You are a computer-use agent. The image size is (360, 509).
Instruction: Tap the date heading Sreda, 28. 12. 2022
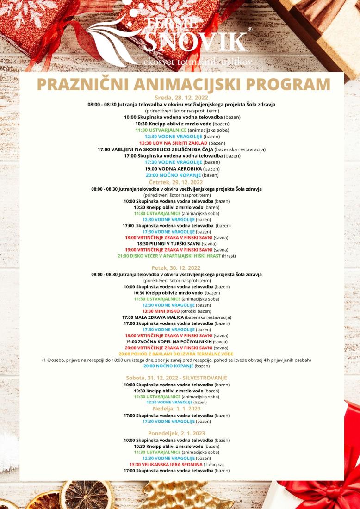click(x=181, y=98)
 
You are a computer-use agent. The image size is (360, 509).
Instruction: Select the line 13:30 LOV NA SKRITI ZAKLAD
click(x=180, y=143)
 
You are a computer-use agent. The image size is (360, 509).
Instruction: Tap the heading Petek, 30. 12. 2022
click(x=176, y=268)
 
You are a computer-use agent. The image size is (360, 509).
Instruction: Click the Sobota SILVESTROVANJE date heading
click(x=176, y=378)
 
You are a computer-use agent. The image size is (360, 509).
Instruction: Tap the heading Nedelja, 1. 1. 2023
click(x=176, y=409)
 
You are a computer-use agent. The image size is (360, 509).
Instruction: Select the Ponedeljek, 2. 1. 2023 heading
click(x=176, y=433)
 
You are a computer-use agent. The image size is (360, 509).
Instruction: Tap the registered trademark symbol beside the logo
click(x=250, y=29)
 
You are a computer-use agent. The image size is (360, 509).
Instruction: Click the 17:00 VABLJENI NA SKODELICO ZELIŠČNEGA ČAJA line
click(x=181, y=149)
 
